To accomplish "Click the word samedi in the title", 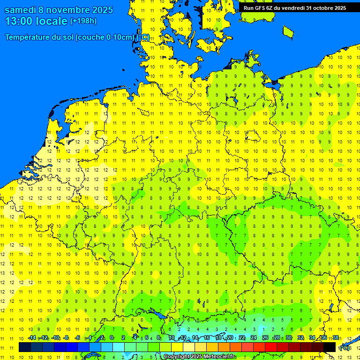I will [21, 10].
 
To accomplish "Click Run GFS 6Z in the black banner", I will [258, 7].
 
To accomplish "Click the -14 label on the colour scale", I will [32, 338].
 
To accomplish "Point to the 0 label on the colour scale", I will [112, 338].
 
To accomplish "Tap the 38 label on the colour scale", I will [336, 338].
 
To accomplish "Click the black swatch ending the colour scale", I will [330, 347].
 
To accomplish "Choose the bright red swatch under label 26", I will [271, 347].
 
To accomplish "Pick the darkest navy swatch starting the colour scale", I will [25, 347].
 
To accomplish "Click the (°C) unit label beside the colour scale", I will [345, 347].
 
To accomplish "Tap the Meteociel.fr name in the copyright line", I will [219, 357].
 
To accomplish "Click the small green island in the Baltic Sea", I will [288, 31].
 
